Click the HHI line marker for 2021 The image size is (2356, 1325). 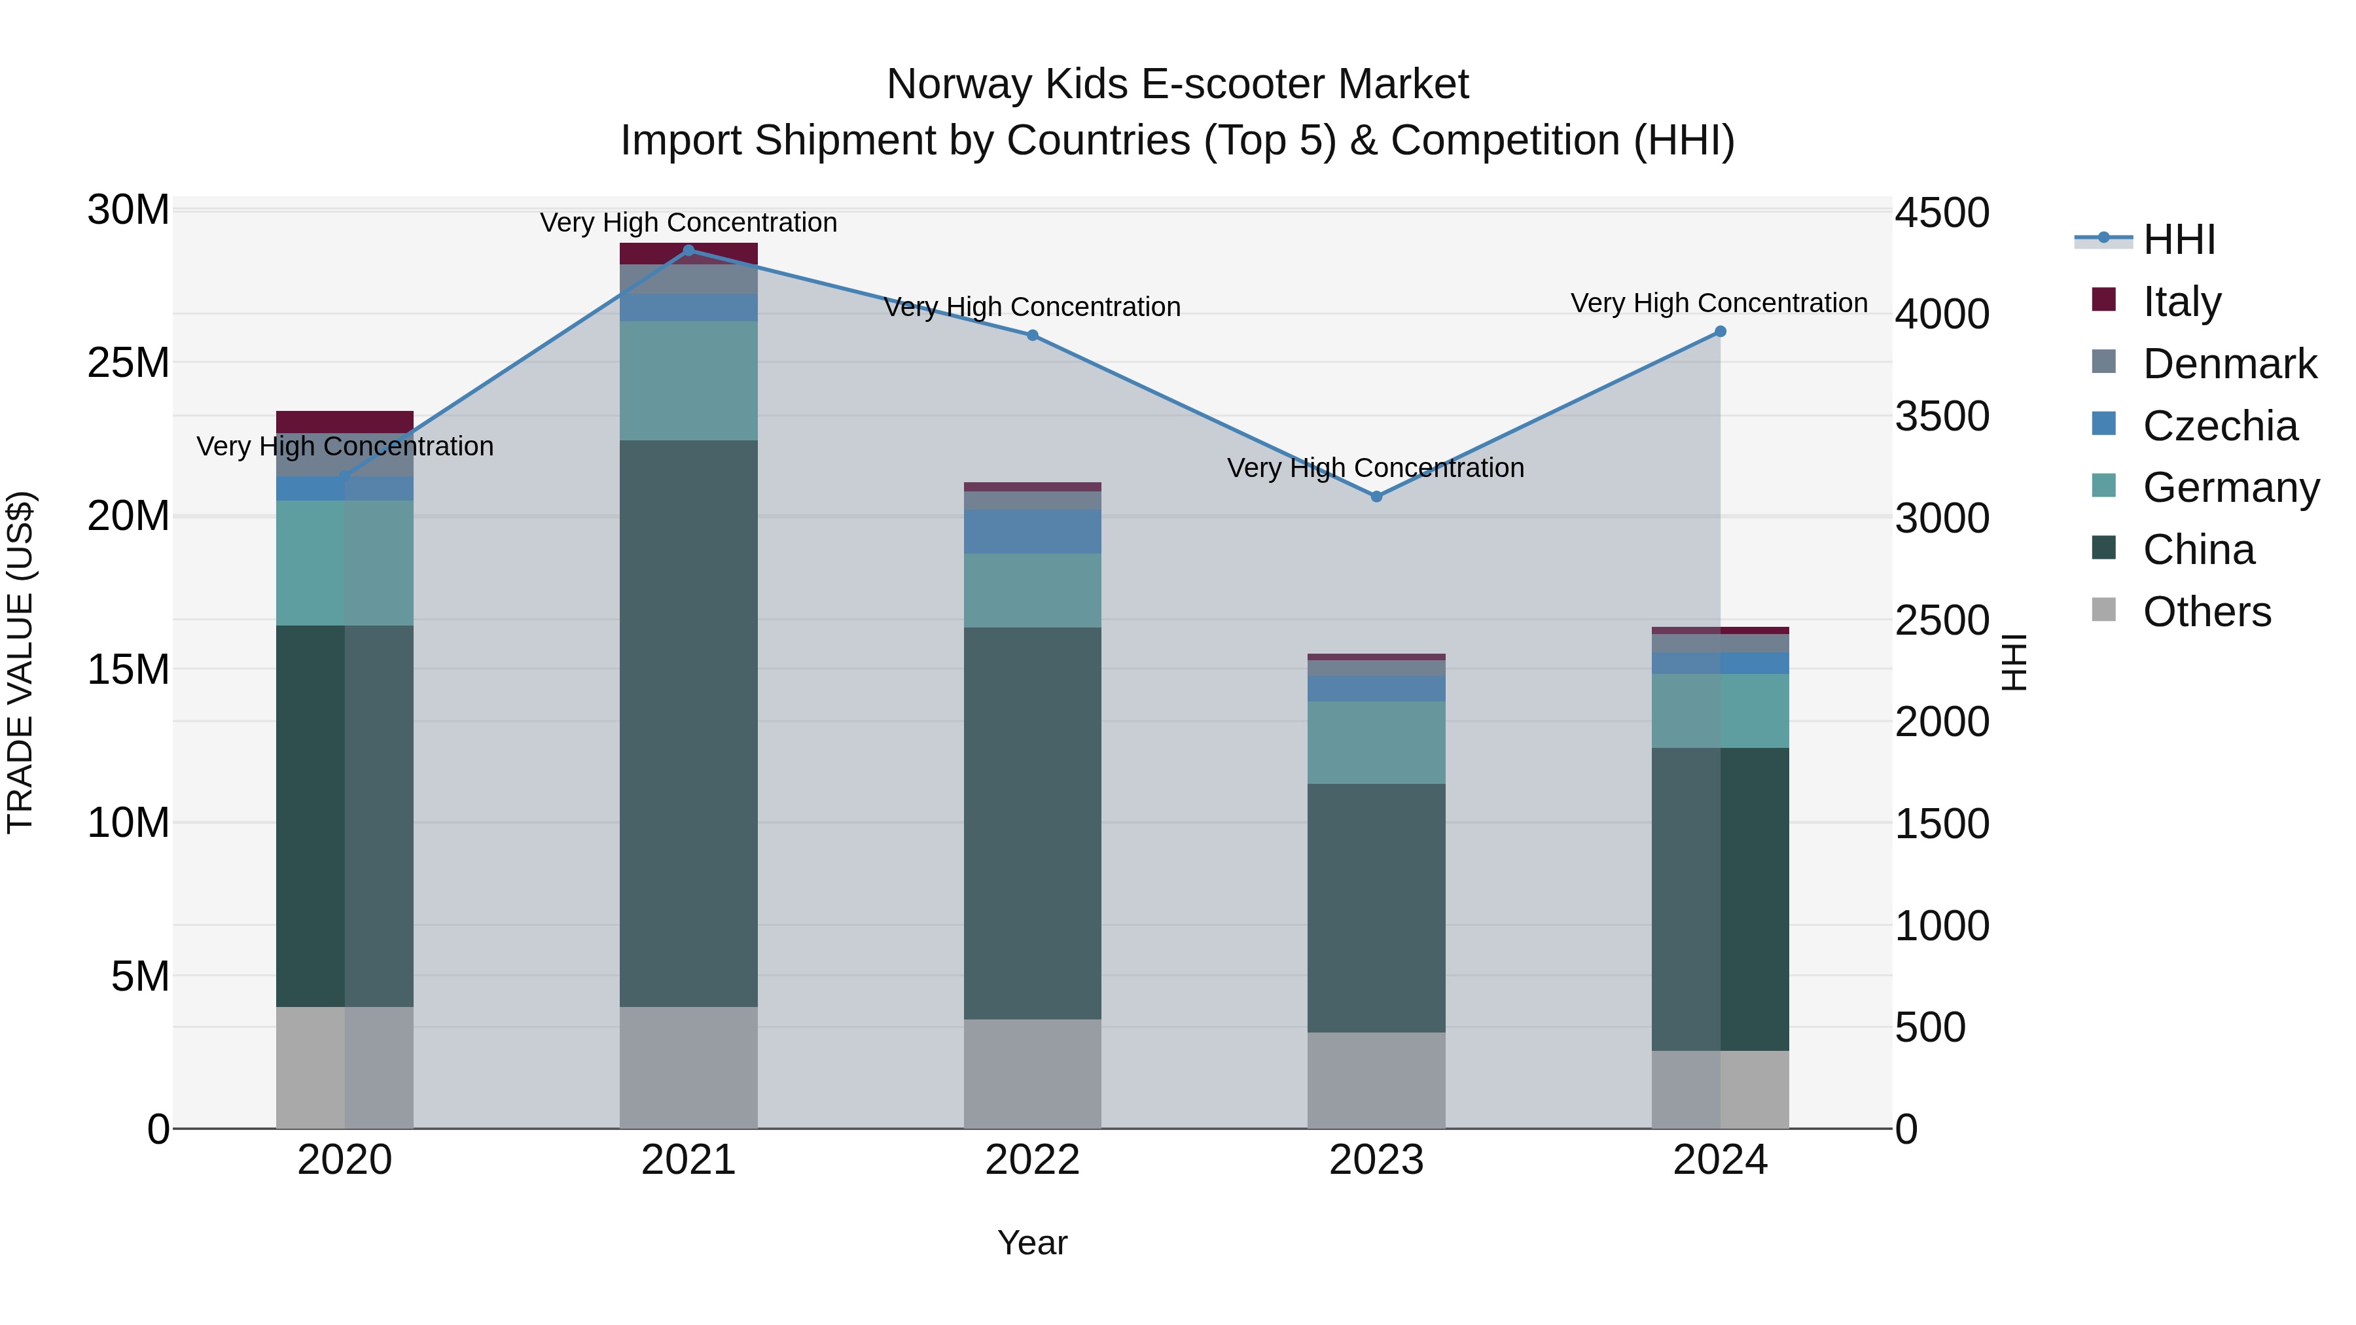click(688, 250)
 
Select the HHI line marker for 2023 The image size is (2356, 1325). click(1376, 497)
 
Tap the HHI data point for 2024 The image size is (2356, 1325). click(1721, 332)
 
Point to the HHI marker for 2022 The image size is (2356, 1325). click(1033, 336)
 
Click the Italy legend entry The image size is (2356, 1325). click(2181, 302)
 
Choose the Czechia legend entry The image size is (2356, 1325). click(2220, 426)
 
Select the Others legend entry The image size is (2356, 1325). click(2206, 612)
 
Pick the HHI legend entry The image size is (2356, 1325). click(2179, 239)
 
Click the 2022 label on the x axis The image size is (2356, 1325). click(1033, 1160)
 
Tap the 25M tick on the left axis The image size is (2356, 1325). click(128, 363)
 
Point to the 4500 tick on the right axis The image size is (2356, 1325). click(1942, 213)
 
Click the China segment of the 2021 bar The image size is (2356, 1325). click(688, 722)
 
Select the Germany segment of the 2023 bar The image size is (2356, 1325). click(1376, 743)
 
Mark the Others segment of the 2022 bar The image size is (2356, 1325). click(1033, 1074)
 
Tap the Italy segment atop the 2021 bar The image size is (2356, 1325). click(688, 253)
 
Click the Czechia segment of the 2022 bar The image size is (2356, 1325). click(1033, 531)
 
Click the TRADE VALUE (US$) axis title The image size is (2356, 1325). click(20, 662)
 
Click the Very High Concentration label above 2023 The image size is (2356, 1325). click(1376, 468)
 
